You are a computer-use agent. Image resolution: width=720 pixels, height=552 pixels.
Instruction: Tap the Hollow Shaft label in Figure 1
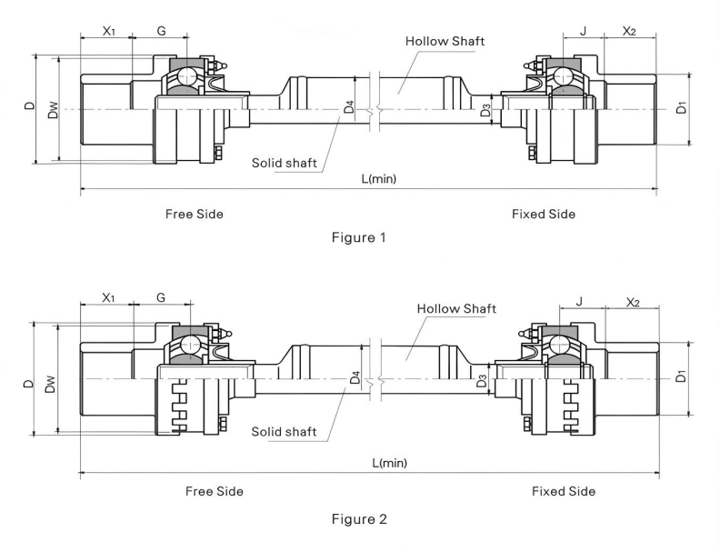pos(445,41)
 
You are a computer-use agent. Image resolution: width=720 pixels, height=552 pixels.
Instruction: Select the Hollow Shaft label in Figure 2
pos(456,308)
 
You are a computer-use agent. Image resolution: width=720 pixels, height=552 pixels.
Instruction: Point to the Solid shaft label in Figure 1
pos(285,163)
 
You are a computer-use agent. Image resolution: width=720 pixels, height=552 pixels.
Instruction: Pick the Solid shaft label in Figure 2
pos(284,431)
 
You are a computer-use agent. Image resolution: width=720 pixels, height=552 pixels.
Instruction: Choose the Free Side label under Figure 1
pos(194,214)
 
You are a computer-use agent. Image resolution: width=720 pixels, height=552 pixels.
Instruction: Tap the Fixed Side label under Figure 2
pos(564,491)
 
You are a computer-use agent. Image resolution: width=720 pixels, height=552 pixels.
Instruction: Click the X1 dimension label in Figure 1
pos(108,31)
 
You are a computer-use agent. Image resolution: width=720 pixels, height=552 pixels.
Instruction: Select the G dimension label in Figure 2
pos(161,297)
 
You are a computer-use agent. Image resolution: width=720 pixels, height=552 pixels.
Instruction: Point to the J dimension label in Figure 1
pos(583,31)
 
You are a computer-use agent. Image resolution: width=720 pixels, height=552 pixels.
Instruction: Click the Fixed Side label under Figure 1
pos(543,214)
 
